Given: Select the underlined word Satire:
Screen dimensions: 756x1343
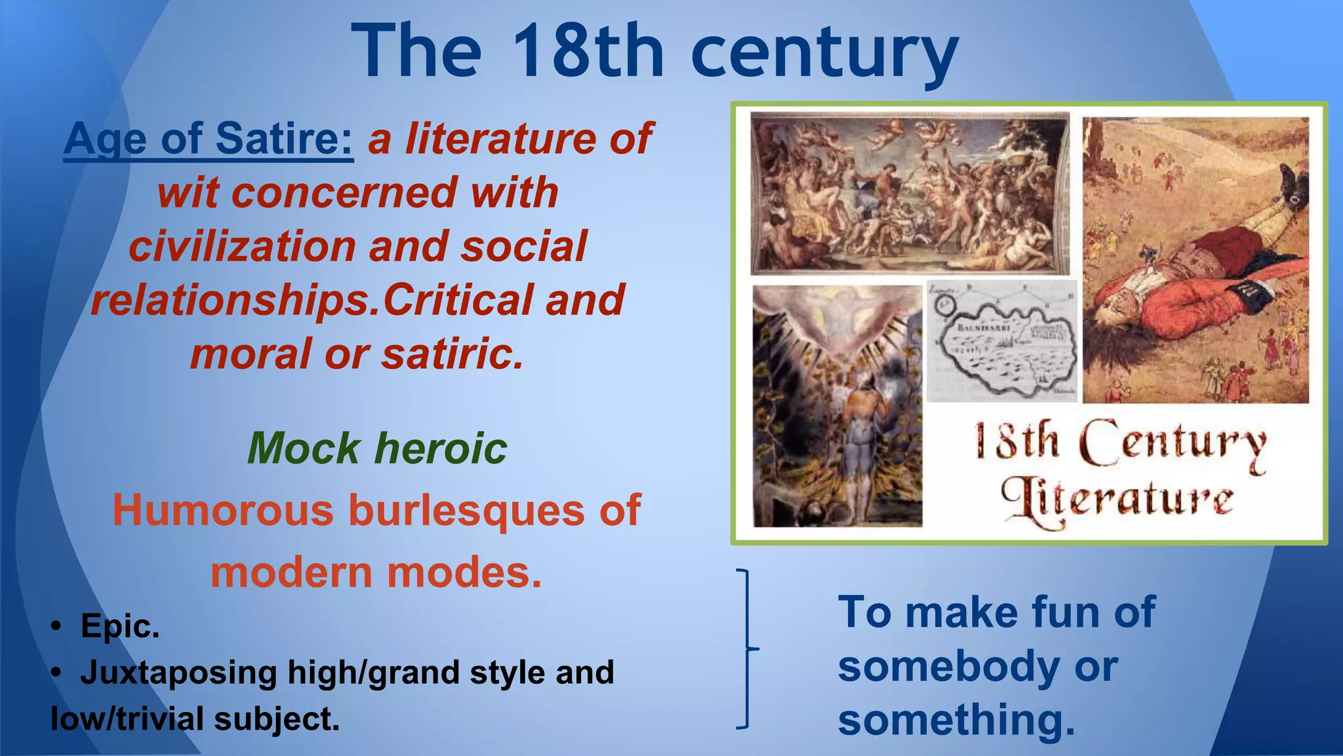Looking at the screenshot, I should [x=284, y=138].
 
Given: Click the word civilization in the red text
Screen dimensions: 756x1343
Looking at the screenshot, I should [x=242, y=246].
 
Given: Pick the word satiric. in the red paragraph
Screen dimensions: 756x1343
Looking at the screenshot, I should [x=452, y=354].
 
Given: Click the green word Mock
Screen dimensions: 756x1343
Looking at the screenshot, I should [x=304, y=448].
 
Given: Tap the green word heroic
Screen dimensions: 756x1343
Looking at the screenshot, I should [x=441, y=448].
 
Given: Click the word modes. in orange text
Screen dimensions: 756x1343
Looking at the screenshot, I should [x=464, y=572].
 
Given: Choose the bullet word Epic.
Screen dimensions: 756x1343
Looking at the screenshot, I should [x=120, y=625].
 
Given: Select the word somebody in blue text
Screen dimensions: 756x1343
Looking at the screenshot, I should [x=948, y=666].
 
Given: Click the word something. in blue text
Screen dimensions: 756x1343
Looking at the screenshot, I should [x=956, y=720].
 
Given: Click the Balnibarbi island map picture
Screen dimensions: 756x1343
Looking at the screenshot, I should [x=1001, y=341].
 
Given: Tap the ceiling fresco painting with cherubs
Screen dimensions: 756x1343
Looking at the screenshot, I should [x=910, y=193].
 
